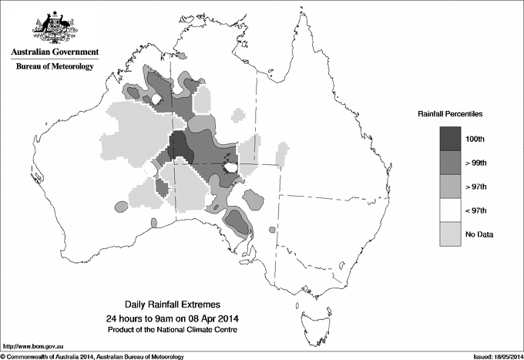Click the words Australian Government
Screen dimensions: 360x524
pos(54,52)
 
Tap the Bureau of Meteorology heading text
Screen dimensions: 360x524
pos(55,67)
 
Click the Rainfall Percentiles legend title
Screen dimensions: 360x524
pos(450,113)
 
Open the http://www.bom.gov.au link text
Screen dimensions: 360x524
pos(32,348)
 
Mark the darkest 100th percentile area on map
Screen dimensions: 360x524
pos(179,146)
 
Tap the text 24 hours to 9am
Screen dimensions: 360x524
pos(146,318)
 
